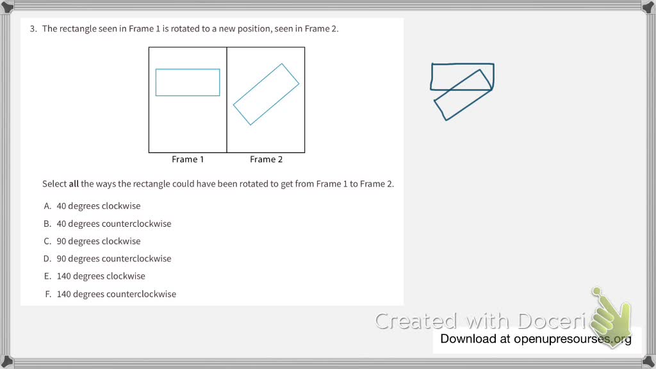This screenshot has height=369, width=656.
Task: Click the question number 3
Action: pyautogui.click(x=33, y=29)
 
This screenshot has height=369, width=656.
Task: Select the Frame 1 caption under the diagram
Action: pyautogui.click(x=188, y=160)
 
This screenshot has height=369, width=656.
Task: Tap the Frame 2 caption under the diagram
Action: pyautogui.click(x=266, y=160)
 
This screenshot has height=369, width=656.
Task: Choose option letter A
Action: pyautogui.click(x=47, y=206)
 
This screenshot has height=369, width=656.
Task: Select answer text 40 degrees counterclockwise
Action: pyautogui.click(x=114, y=224)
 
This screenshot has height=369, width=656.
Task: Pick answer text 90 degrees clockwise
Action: pyautogui.click(x=99, y=241)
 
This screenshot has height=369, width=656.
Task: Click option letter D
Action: pyautogui.click(x=47, y=259)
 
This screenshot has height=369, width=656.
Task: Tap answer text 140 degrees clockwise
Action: pyautogui.click(x=101, y=276)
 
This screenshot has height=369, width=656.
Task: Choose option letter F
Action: pyautogui.click(x=48, y=294)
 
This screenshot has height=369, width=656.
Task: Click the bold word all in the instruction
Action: pyautogui.click(x=74, y=184)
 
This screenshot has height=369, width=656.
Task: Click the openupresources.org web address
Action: pyautogui.click(x=572, y=339)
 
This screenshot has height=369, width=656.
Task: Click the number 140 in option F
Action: pyautogui.click(x=64, y=294)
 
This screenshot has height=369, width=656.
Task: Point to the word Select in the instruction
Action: pyautogui.click(x=54, y=184)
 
